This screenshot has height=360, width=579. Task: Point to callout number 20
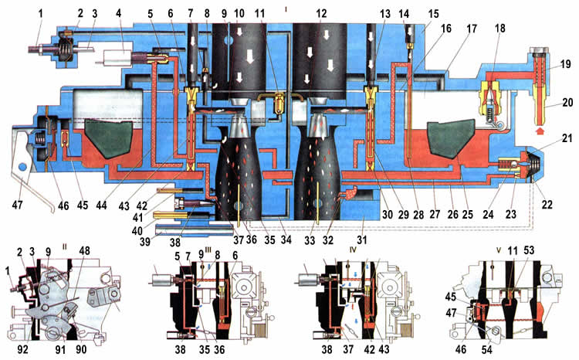(x=567, y=103)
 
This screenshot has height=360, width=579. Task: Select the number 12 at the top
(x=321, y=14)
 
